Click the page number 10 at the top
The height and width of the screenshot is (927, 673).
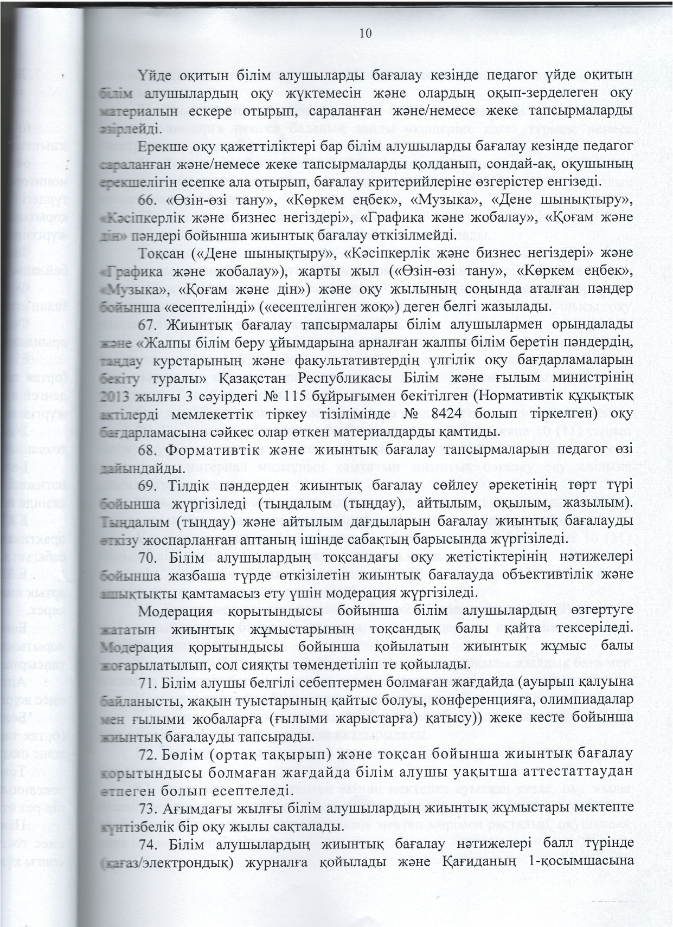point(365,34)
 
